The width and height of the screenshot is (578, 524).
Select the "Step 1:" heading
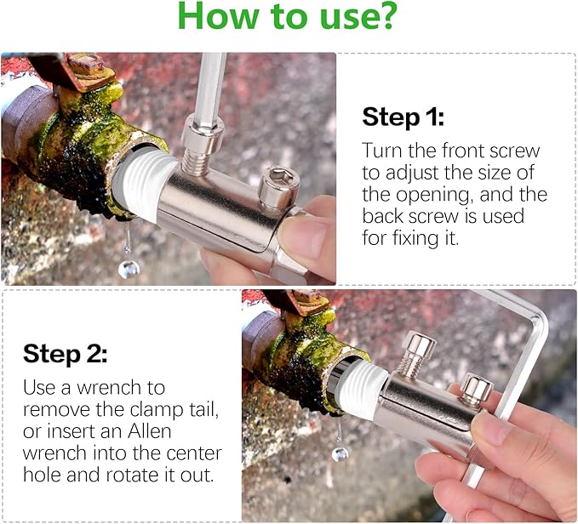pos(403,117)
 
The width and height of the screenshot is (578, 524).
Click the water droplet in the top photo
pos(129,269)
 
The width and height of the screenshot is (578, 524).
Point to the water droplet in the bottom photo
pos(340,453)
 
